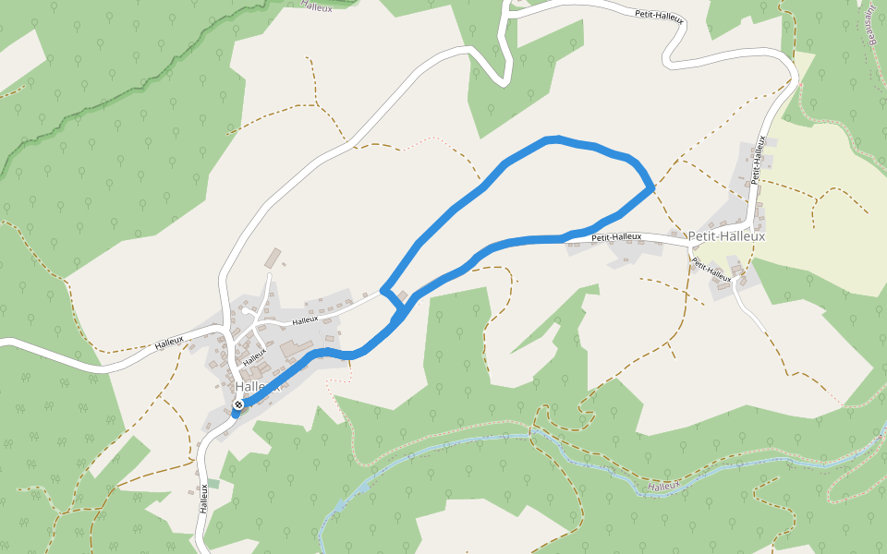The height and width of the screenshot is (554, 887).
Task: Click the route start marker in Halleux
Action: pos(239,404)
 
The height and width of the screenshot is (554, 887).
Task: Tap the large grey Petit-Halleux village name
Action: pos(726,236)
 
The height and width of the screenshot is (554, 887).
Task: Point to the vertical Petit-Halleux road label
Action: pos(759,160)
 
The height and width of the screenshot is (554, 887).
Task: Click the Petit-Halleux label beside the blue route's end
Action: pos(616,236)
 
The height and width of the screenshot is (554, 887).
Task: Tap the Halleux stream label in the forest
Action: pos(663,486)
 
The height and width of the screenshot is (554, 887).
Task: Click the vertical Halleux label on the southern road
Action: pos(203,499)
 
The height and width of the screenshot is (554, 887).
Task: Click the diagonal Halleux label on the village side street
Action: pos(254,353)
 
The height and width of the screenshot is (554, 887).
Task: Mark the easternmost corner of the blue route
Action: pos(652,187)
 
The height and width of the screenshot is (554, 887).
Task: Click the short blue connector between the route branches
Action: pos(394,300)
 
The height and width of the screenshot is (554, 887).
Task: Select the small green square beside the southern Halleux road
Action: pos(214,483)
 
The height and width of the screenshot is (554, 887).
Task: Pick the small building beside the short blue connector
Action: pos(402,295)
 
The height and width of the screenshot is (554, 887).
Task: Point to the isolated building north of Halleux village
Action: pos(273,256)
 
